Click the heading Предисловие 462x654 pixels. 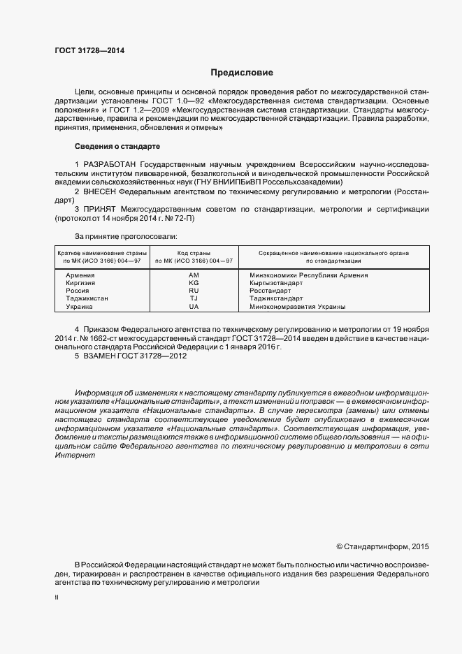pyautogui.click(x=243, y=73)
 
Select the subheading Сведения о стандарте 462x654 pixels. pyautogui.click(x=117, y=146)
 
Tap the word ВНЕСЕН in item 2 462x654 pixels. pyautogui.click(x=100, y=191)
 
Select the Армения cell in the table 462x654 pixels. pyautogui.click(x=80, y=275)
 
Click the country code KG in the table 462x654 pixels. pyautogui.click(x=194, y=283)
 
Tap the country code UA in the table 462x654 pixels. pyautogui.click(x=194, y=306)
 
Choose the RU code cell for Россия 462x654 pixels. pyautogui.click(x=194, y=291)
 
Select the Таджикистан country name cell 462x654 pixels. pyautogui.click(x=87, y=298)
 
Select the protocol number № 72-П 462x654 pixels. pyautogui.click(x=180, y=218)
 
